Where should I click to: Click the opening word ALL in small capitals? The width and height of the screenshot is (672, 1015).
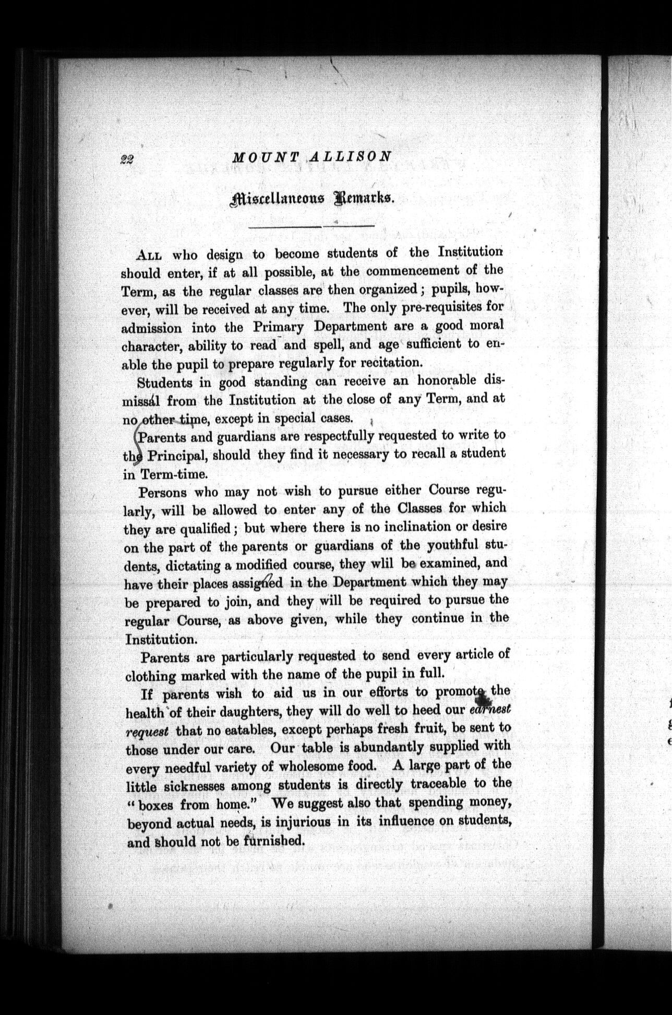[x=149, y=256]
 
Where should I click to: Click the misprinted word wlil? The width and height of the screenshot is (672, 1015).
[x=381, y=564]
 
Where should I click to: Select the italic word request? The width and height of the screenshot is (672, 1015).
[x=147, y=732]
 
